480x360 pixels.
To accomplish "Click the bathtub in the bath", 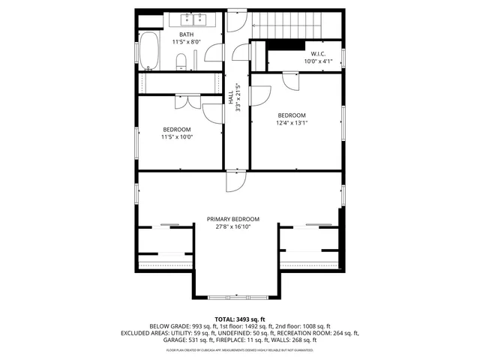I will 149,52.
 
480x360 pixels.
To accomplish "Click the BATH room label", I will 186,34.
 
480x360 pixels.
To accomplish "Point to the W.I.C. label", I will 317,54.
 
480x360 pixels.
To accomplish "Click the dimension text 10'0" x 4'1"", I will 317,61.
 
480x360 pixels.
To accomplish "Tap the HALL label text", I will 231,97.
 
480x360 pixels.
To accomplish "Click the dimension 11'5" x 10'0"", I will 176,136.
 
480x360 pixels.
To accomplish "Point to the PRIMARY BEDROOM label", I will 239,219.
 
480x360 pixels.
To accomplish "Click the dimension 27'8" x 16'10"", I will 239,226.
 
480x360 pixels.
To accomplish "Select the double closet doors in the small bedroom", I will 187,102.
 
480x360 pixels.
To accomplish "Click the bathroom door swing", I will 214,52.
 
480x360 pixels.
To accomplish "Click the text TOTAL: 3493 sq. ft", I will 240,319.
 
